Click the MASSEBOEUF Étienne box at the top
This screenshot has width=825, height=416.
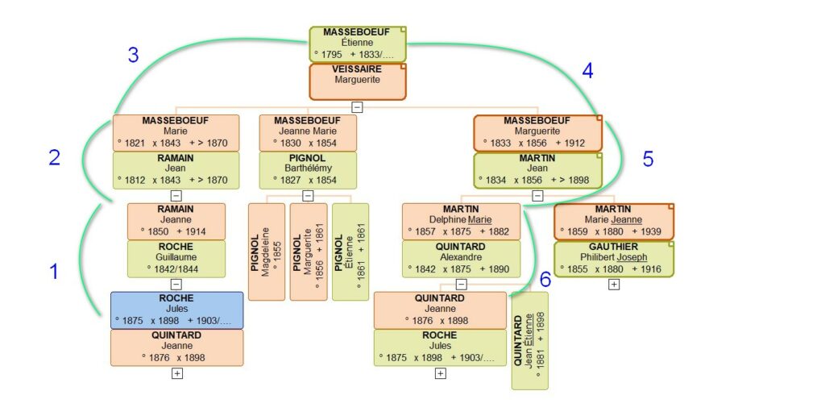click(x=358, y=44)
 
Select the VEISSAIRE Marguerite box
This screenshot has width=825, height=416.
click(x=358, y=81)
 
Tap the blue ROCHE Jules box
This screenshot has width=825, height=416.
click(x=176, y=310)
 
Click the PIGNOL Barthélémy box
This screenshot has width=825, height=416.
click(x=308, y=169)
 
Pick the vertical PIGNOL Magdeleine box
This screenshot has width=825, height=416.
click(x=267, y=252)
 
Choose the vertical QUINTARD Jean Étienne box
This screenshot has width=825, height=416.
click(x=529, y=340)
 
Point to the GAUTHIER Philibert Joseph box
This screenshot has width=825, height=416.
click(x=614, y=258)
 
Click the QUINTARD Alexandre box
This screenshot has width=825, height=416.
click(x=461, y=258)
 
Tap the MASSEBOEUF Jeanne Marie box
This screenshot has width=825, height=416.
click(x=308, y=132)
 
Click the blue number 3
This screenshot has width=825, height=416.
click(x=133, y=56)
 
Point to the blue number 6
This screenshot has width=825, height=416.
click(x=545, y=280)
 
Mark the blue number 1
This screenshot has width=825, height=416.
click(x=54, y=272)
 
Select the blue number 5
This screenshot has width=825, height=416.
click(x=648, y=160)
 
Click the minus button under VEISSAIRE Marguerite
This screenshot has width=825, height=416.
click(x=357, y=106)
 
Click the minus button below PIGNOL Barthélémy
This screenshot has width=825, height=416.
click(x=308, y=195)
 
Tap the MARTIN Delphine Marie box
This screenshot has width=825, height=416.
click(x=461, y=221)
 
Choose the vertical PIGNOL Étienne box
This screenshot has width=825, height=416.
click(x=350, y=252)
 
